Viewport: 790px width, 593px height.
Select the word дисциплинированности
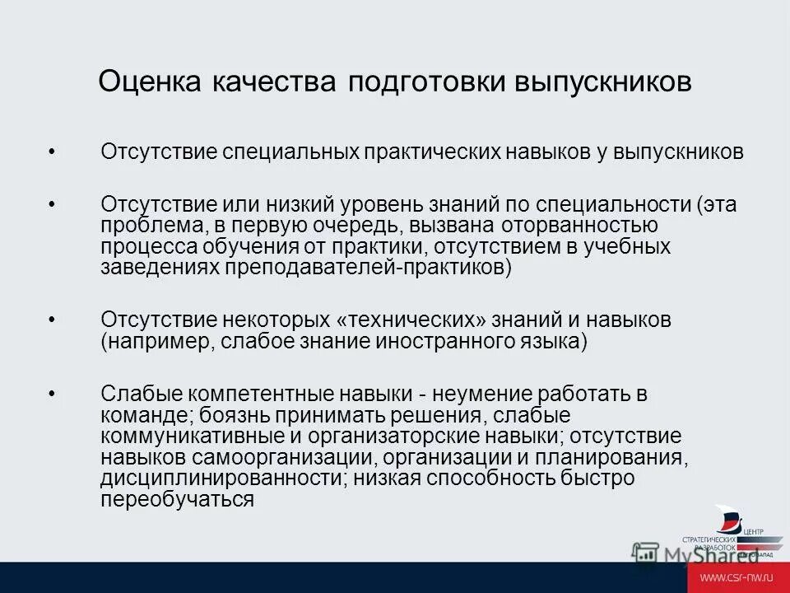pos(190,479)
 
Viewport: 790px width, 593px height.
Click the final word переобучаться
pos(177,500)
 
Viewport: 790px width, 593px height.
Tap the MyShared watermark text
pos(699,554)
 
